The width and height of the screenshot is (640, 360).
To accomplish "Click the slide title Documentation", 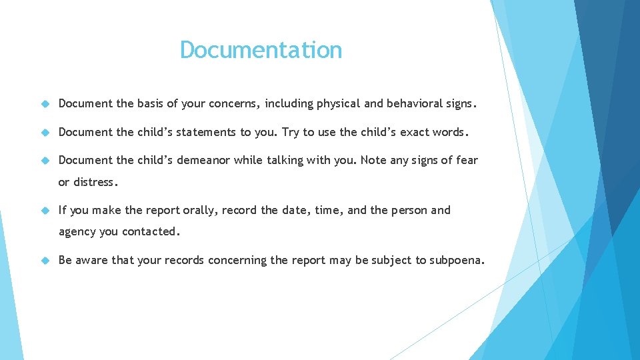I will (261, 50).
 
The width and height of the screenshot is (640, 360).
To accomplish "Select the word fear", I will (467, 160).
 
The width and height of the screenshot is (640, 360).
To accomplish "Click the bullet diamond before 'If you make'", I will (45, 211).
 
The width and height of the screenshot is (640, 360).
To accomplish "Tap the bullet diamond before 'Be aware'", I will (45, 261).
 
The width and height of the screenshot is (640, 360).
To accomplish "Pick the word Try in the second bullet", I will (291, 132).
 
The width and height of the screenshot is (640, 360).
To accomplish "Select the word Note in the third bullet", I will (375, 160).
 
